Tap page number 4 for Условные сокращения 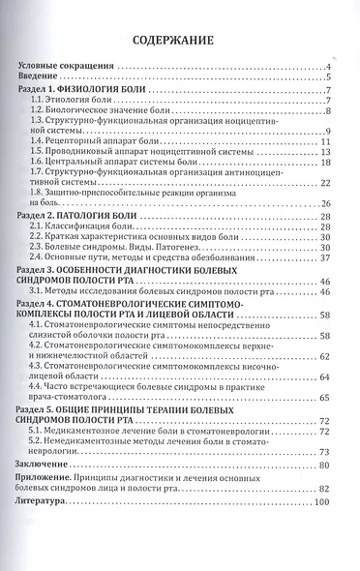(331, 66)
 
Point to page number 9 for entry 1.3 (331, 132)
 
